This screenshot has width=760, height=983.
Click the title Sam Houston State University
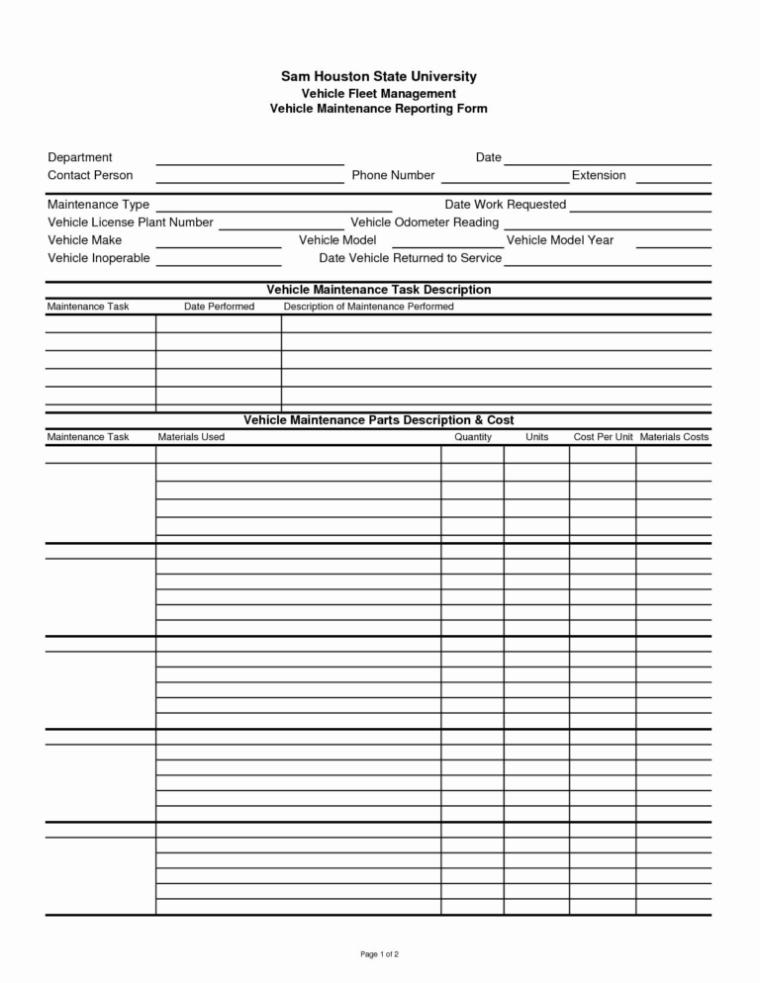click(x=379, y=76)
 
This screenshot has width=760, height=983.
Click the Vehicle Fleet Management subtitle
click(x=379, y=93)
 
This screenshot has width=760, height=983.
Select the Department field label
click(x=80, y=157)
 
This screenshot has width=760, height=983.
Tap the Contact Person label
click(x=90, y=175)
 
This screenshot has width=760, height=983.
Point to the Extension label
click(x=599, y=175)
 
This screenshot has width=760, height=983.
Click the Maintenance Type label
click(x=99, y=205)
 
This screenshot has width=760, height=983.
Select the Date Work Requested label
click(x=505, y=205)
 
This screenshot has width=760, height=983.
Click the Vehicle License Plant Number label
click(x=131, y=223)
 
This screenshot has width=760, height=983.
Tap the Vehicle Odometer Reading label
click(x=425, y=223)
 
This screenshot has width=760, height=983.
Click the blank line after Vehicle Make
click(x=219, y=245)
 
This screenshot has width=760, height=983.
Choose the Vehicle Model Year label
click(x=559, y=240)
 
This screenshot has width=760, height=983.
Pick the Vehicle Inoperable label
click(x=99, y=258)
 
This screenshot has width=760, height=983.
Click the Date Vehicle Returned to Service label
click(x=410, y=258)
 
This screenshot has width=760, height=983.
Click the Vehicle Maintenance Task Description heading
click(x=379, y=290)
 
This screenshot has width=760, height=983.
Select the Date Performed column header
click(x=219, y=307)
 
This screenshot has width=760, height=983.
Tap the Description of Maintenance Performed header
click(x=368, y=307)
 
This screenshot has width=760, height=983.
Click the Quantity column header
click(x=473, y=437)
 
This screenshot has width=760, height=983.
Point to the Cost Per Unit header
click(x=603, y=437)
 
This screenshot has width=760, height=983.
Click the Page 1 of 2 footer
click(x=379, y=954)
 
